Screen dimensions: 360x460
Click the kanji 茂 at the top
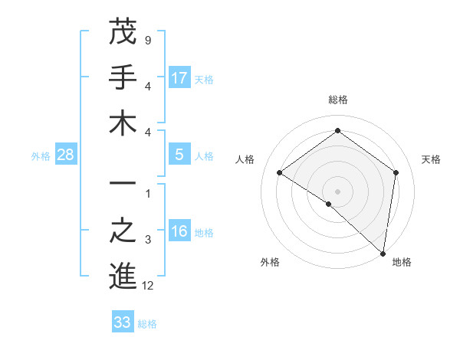click(x=123, y=33)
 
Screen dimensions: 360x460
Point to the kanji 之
click(x=123, y=232)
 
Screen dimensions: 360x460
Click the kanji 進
click(x=123, y=277)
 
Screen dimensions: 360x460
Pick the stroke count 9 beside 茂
click(x=147, y=40)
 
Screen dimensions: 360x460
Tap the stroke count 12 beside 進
click(x=148, y=286)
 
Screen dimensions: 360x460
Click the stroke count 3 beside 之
click(x=147, y=241)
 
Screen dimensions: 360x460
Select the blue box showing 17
click(x=179, y=77)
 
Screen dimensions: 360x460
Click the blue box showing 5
click(x=179, y=155)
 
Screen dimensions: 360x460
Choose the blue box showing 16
click(x=179, y=232)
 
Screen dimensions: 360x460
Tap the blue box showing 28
click(x=66, y=155)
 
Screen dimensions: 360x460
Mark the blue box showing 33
click(x=123, y=322)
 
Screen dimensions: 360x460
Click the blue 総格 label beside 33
click(x=148, y=324)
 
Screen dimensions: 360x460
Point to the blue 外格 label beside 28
click(x=41, y=156)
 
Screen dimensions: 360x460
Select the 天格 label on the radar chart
click(x=432, y=159)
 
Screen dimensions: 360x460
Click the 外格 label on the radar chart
click(x=270, y=262)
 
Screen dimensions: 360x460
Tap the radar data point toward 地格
click(x=383, y=253)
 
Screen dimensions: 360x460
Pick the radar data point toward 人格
click(x=280, y=173)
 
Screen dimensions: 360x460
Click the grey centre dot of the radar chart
click(x=337, y=191)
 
